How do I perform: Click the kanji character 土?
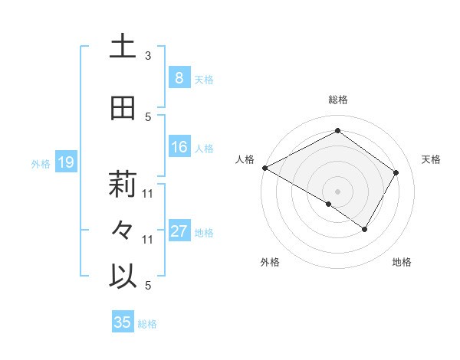(123, 47)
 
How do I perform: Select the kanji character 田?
(123, 109)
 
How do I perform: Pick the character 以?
(123, 277)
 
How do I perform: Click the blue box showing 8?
(179, 77)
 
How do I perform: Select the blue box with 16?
(179, 147)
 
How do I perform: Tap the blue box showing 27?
(179, 231)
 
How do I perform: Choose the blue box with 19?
(65, 162)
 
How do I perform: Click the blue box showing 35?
(123, 322)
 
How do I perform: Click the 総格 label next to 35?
(147, 324)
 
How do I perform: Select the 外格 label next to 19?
(40, 163)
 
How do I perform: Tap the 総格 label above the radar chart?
(337, 100)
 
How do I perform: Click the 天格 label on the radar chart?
(431, 159)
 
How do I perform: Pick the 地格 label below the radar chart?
(402, 262)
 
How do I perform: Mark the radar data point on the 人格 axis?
(264, 167)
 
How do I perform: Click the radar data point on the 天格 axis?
(396, 172)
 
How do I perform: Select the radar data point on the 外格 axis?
(329, 204)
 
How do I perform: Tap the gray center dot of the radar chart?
(337, 191)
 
